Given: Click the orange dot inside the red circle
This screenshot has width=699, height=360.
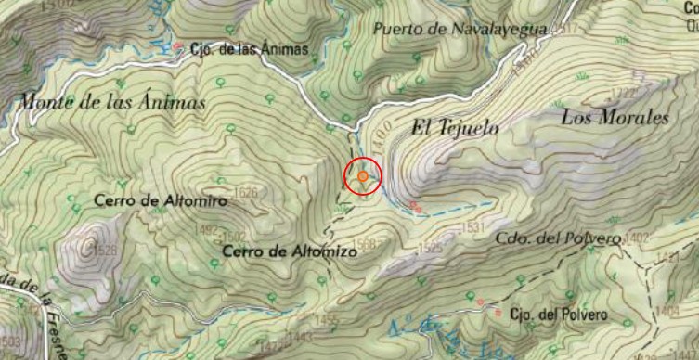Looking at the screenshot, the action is click(363, 175).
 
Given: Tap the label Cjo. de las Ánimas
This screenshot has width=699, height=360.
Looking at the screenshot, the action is click(248, 49).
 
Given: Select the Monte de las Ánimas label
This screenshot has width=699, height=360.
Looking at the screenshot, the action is click(111, 103).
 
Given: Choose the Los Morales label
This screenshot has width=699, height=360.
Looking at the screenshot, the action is click(615, 118).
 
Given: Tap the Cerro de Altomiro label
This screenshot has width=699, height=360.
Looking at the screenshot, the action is click(148, 199).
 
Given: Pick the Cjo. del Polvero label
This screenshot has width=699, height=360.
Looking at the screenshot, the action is click(559, 315).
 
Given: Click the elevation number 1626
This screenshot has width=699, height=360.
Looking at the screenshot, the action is click(246, 193).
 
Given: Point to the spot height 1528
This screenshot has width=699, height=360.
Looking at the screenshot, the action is click(105, 251).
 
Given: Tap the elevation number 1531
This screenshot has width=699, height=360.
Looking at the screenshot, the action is click(473, 227).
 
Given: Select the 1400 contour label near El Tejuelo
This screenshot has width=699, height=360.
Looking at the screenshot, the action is click(376, 139).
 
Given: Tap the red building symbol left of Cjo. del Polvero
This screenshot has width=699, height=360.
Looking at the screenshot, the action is click(498, 315).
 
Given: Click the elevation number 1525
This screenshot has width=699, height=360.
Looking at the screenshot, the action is click(430, 248).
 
